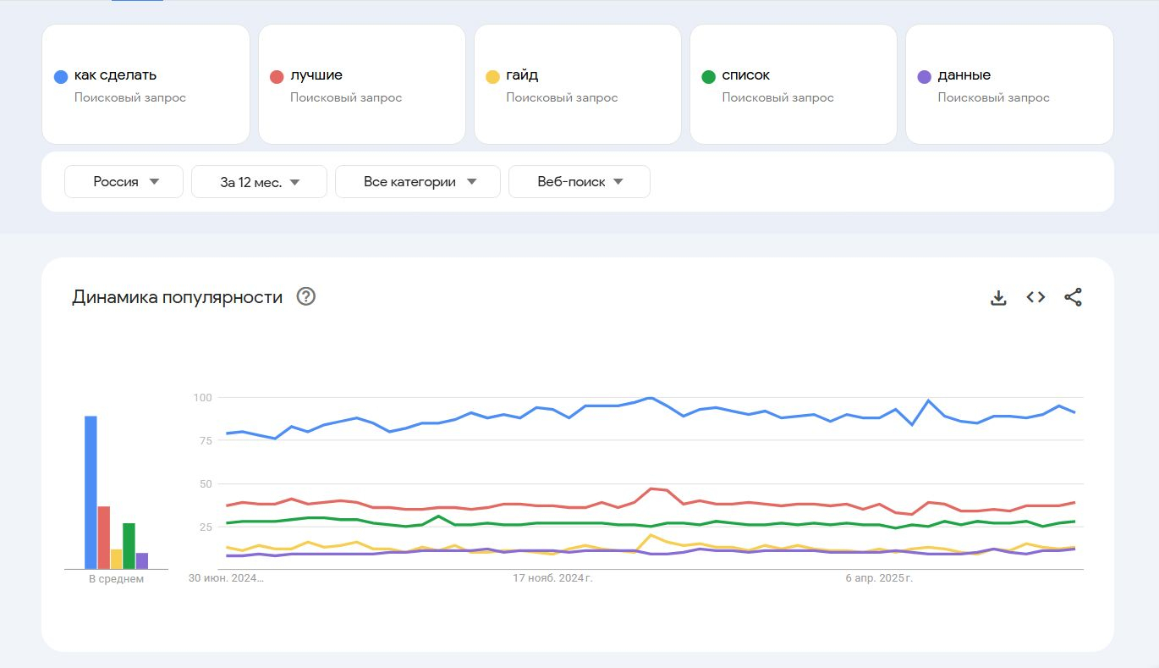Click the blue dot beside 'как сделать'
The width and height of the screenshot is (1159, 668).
click(61, 77)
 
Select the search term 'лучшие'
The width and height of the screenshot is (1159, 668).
click(316, 75)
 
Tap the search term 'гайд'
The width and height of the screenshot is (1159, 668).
click(522, 75)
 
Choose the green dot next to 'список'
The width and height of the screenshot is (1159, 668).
click(709, 77)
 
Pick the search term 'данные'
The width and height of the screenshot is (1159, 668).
click(964, 75)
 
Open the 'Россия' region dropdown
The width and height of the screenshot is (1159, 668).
click(124, 182)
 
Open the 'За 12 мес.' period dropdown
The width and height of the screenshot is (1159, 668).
click(259, 182)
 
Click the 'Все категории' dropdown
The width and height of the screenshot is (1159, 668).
click(418, 182)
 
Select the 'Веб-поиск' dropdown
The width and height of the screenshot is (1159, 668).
click(579, 182)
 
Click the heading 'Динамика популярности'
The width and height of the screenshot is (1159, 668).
click(177, 297)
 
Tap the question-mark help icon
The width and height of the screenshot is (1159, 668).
click(306, 297)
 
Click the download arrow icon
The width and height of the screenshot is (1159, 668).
click(998, 297)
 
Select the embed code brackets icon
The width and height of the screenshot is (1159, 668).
click(1035, 297)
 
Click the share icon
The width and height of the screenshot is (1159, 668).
click(1073, 297)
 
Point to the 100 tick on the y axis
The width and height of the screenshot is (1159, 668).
click(201, 398)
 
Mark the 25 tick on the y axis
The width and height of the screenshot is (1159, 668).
click(205, 527)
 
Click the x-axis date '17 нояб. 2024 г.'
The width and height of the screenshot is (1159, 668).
click(553, 579)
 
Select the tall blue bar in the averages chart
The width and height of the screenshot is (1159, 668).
click(91, 492)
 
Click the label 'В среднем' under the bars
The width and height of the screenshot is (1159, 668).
click(117, 579)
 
